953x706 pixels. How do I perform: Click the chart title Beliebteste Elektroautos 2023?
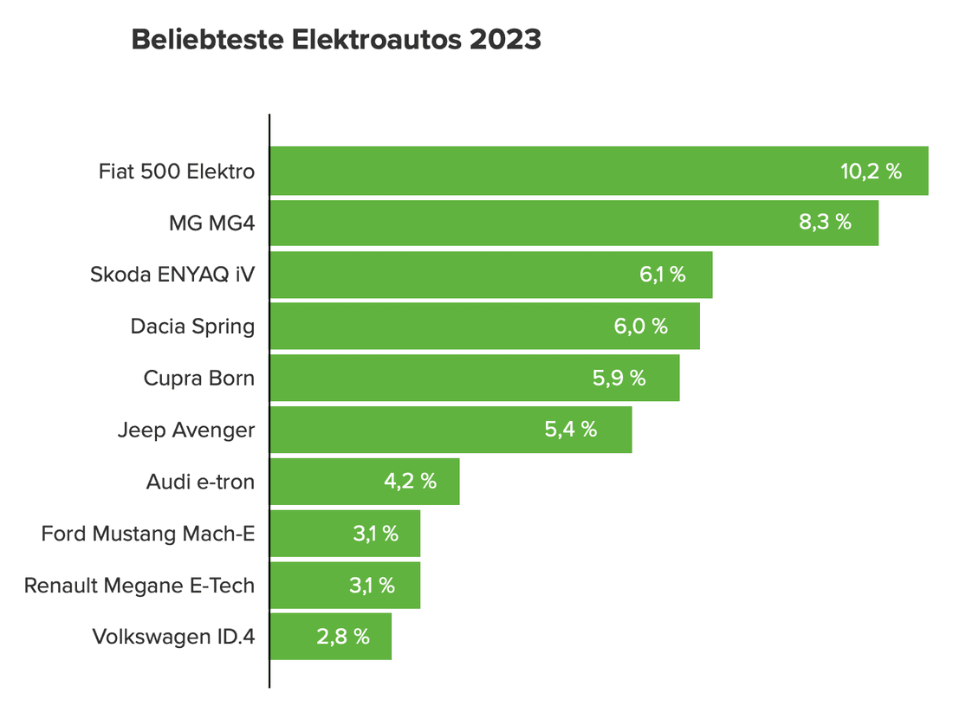(x=335, y=40)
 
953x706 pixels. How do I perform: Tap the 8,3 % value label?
(x=825, y=222)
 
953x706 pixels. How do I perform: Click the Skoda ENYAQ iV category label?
(x=172, y=275)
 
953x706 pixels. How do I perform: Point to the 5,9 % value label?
(x=619, y=378)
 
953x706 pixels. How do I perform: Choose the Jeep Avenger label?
(x=186, y=430)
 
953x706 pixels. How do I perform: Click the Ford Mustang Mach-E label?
(x=148, y=534)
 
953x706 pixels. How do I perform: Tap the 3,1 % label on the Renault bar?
(x=372, y=585)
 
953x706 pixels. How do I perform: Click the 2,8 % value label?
(x=343, y=637)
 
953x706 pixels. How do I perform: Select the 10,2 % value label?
(x=871, y=171)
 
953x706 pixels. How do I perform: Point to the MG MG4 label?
(x=212, y=223)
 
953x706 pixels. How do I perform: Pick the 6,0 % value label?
(x=640, y=327)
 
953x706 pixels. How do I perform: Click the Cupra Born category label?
(x=199, y=379)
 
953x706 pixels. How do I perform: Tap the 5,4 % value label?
(x=571, y=429)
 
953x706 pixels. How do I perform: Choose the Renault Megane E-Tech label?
(x=139, y=586)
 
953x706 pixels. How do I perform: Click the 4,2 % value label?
(x=410, y=482)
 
